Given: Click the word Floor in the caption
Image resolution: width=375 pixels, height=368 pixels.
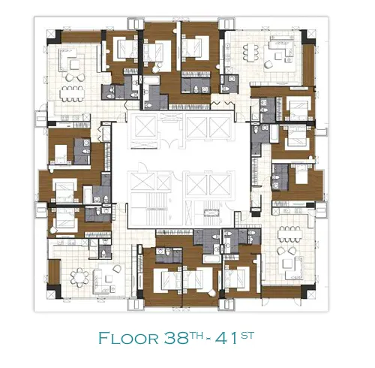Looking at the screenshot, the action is click(128, 338).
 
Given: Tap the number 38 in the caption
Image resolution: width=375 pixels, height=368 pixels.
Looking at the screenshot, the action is click(175, 338).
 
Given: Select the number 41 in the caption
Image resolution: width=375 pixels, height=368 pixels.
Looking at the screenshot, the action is click(226, 338).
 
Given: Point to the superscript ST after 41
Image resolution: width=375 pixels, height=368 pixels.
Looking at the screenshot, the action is click(247, 335).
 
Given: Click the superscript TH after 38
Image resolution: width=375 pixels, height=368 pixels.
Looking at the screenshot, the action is click(196, 335).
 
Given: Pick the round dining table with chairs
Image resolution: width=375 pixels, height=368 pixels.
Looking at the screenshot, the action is click(79, 277).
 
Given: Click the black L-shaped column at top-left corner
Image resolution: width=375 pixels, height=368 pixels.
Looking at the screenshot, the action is click(56, 37).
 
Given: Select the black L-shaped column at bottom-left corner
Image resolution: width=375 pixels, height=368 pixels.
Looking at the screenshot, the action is click(55, 291).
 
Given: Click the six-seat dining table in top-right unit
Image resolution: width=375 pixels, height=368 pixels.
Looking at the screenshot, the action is click(250, 53).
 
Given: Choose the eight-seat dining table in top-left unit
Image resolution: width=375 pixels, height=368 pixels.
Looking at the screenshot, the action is click(72, 94).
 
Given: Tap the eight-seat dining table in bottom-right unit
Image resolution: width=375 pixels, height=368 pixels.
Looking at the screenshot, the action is click(289, 234).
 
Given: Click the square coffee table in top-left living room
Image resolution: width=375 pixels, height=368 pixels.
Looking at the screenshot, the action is click(75, 65).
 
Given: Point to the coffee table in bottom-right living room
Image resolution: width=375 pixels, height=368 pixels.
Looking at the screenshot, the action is click(287, 264).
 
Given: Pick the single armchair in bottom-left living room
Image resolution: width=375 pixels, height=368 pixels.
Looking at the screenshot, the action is click(116, 269).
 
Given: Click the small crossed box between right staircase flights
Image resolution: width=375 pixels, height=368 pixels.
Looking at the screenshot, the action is click(211, 213).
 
